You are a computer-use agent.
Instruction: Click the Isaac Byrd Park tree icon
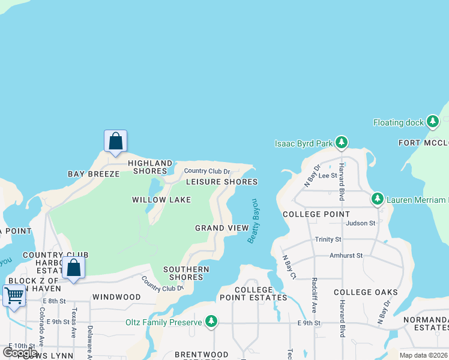[342, 143]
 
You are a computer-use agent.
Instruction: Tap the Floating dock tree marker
[432, 122]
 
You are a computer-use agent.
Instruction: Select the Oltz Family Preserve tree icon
[211, 322]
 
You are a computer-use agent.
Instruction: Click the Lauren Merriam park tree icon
[377, 199]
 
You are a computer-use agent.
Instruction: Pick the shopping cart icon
[14, 295]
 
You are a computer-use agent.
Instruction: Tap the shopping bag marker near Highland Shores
[115, 141]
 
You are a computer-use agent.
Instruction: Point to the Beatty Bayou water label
[253, 221]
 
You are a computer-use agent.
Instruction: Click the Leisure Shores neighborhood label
[221, 182]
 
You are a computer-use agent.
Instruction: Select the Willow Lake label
[161, 200]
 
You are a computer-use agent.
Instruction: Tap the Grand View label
[221, 228]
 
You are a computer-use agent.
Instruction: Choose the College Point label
[316, 214]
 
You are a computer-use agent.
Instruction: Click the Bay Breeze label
[94, 174]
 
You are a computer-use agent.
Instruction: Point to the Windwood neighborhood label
[116, 297]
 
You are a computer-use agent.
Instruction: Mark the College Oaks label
[366, 292]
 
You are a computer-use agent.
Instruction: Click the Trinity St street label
[328, 239]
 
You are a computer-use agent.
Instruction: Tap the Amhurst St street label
[346, 256]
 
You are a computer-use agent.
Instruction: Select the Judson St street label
[360, 223]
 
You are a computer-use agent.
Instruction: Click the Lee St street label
[328, 175]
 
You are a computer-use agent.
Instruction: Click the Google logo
[20, 352]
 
